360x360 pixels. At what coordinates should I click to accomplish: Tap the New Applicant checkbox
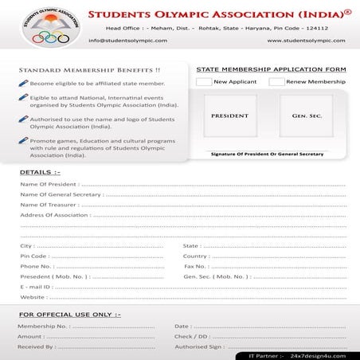tap(204, 82)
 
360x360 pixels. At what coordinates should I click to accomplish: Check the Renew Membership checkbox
tap(276, 82)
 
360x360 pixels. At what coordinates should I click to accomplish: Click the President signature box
tap(230, 115)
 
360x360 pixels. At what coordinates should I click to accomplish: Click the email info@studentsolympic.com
tap(121, 40)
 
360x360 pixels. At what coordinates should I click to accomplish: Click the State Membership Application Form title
tap(271, 69)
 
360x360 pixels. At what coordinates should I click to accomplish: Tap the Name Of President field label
tap(48, 184)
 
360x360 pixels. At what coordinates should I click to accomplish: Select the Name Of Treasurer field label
tap(48, 205)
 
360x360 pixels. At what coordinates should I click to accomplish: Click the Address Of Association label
tap(53, 215)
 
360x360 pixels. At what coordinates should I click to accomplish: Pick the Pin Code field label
tap(34, 256)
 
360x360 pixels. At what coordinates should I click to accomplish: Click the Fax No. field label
tap(195, 266)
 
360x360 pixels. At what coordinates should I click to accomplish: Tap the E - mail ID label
tap(35, 287)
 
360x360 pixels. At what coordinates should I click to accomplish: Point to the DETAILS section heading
tap(39, 172)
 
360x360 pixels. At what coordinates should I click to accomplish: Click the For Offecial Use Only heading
tap(69, 315)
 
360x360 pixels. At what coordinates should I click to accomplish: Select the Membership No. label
tap(43, 326)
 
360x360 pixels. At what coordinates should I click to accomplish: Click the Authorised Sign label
tap(199, 346)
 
